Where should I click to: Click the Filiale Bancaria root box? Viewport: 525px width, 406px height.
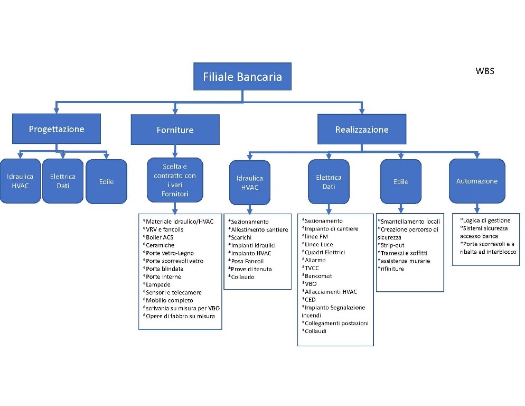point(242,77)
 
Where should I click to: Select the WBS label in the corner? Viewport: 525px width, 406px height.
point(485,71)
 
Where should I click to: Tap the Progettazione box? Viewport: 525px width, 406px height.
point(57,129)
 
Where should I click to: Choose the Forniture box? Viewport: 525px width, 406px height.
point(175,130)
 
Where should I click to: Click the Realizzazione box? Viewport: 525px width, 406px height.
point(361,130)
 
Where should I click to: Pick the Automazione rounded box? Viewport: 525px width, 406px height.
point(476,181)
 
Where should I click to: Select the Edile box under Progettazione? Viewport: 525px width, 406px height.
point(106,181)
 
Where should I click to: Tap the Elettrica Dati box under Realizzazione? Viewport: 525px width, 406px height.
point(329,181)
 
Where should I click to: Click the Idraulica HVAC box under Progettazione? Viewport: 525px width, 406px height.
point(21,181)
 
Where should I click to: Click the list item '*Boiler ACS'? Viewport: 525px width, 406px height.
point(158,237)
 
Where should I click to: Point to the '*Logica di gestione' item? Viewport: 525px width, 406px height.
point(485,220)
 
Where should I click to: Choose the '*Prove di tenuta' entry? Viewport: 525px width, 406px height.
point(250,269)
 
